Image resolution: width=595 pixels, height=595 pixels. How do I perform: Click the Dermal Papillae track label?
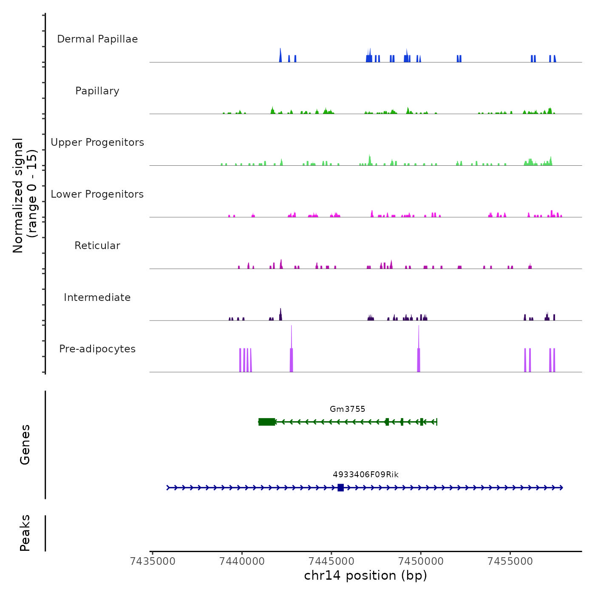click(x=97, y=39)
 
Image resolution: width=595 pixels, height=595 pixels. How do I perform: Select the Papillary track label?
click(x=97, y=91)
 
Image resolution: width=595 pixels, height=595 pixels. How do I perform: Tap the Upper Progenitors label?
click(x=97, y=142)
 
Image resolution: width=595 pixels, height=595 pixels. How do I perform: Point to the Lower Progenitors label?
click(x=97, y=194)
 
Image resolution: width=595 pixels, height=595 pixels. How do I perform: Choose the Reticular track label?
click(x=97, y=246)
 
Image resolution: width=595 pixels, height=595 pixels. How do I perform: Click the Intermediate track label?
click(x=97, y=297)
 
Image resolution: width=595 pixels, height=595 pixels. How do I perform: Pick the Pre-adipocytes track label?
click(x=97, y=349)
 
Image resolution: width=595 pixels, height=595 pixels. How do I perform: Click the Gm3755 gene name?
click(x=347, y=409)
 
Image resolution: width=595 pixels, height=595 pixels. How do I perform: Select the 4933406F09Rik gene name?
click(x=365, y=475)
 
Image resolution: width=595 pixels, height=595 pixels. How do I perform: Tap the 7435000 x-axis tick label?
click(x=153, y=561)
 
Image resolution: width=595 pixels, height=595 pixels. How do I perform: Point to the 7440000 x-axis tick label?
click(x=242, y=561)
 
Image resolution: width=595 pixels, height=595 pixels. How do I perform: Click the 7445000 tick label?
click(x=332, y=561)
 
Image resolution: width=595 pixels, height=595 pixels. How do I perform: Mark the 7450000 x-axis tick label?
click(x=421, y=561)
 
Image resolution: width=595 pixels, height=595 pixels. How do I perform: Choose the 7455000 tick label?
click(x=510, y=561)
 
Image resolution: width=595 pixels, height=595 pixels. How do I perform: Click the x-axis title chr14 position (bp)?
click(x=365, y=576)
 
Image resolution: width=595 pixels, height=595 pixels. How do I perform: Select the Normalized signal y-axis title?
click(x=25, y=195)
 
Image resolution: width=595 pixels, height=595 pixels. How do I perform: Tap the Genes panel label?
click(x=25, y=445)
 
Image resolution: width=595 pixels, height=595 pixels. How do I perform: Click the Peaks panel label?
click(x=25, y=533)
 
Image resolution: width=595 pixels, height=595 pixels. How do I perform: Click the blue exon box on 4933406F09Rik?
click(x=340, y=487)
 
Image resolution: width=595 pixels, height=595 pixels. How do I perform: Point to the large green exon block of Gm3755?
click(x=266, y=422)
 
